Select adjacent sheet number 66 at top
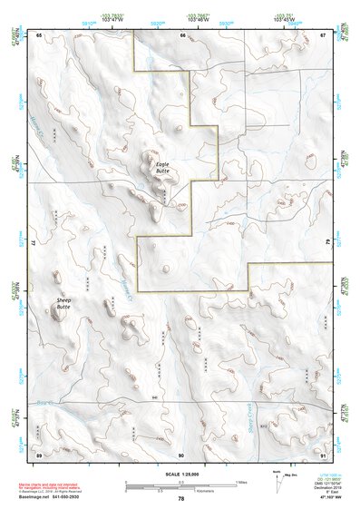[182, 34]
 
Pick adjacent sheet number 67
[323, 34]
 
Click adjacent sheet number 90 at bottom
[181, 454]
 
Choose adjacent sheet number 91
[323, 454]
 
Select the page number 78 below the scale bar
[181, 498]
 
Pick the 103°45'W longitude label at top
[283, 18]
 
